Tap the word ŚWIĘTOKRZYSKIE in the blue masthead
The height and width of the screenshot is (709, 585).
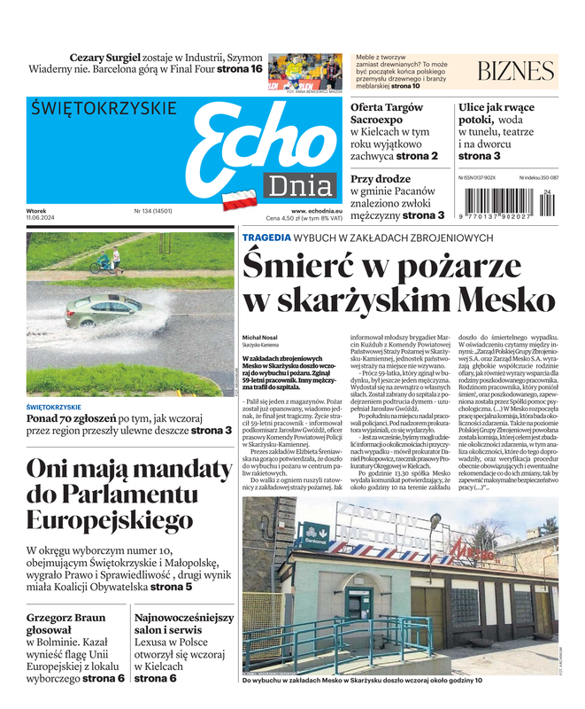tap(102, 109)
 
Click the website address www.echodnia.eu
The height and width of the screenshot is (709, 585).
tap(316, 211)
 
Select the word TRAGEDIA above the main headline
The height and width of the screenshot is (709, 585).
tap(266, 238)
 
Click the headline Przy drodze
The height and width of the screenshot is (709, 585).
tap(380, 178)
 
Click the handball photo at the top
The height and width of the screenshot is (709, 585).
tap(304, 71)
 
